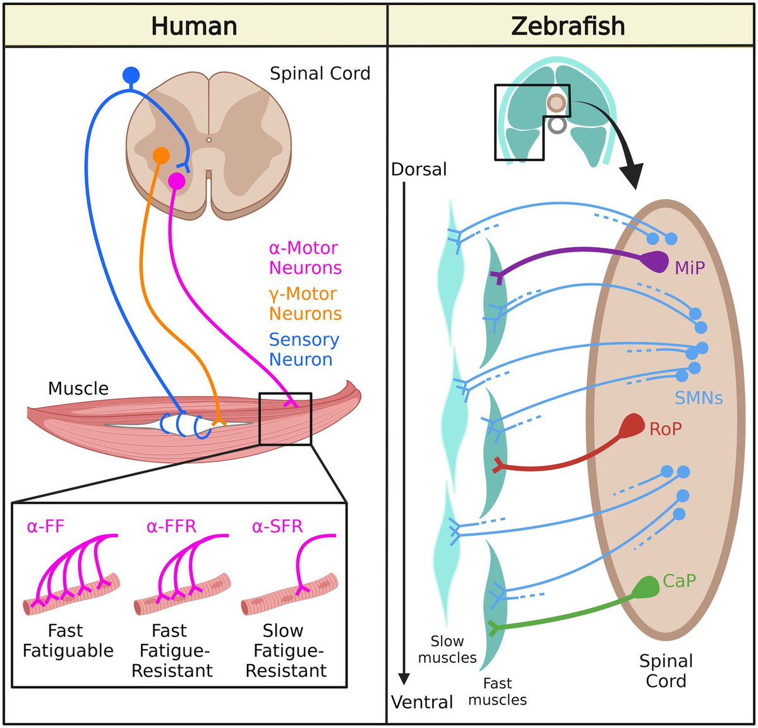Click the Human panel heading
[x=194, y=26]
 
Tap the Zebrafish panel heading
[x=568, y=26]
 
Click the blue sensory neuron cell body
[x=131, y=75]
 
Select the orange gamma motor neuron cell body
[x=161, y=155]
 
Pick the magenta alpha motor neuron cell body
[x=177, y=181]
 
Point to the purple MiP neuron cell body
[x=656, y=262]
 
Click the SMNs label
[x=699, y=398]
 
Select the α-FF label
[x=45, y=526]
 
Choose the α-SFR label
[x=277, y=526]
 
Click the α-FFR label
[x=171, y=526]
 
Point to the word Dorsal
[x=419, y=169]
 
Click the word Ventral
[x=422, y=702]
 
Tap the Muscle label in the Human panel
[x=78, y=388]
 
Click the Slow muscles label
[x=447, y=649]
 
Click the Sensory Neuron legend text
[x=304, y=349]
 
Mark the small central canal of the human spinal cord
[x=209, y=140]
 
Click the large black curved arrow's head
[x=632, y=176]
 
